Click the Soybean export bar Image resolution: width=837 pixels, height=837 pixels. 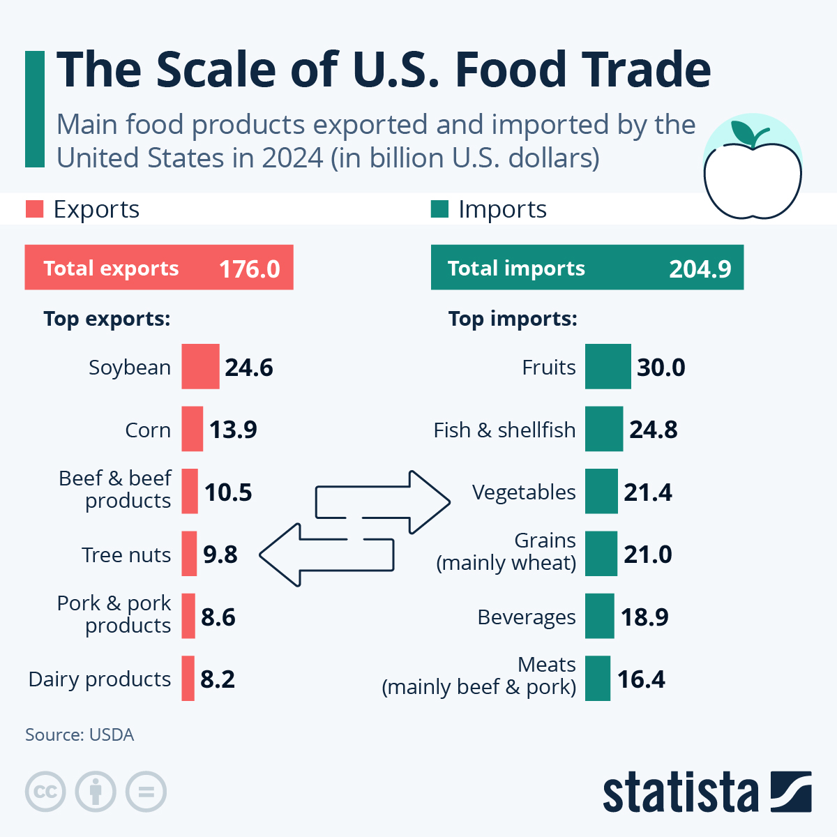pyautogui.click(x=200, y=366)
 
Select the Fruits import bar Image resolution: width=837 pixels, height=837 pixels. pyautogui.click(x=608, y=366)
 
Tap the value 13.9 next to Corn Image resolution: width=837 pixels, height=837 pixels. pyautogui.click(x=233, y=430)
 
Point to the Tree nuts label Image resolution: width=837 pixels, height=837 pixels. pyautogui.click(x=126, y=555)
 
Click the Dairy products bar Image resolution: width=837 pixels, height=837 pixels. pyautogui.click(x=188, y=679)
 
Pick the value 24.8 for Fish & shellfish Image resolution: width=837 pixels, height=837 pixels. pyautogui.click(x=653, y=430)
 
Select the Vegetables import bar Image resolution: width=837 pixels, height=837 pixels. pyautogui.click(x=601, y=492)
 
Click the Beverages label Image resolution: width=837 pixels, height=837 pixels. pyautogui.click(x=527, y=617)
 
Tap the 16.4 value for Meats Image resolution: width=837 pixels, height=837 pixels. pyautogui.click(x=641, y=679)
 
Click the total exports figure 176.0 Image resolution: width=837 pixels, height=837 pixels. pyautogui.click(x=249, y=269)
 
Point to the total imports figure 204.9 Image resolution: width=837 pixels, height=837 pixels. pyautogui.click(x=700, y=269)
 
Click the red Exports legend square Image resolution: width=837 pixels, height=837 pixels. pyautogui.click(x=34, y=209)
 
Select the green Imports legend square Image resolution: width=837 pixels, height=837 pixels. pyautogui.click(x=439, y=209)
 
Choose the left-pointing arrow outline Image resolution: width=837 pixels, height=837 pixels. pyautogui.click(x=293, y=555)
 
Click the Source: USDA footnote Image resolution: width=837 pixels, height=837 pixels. pyautogui.click(x=80, y=735)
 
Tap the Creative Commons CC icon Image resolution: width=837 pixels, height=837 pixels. pyautogui.click(x=45, y=792)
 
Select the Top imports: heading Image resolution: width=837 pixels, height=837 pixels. pyautogui.click(x=513, y=319)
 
